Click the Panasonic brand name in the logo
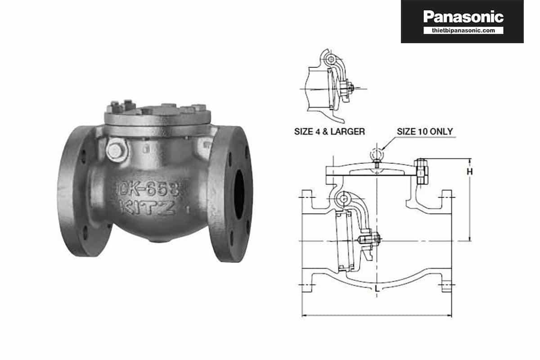pyautogui.click(x=463, y=17)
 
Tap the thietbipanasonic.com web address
pyautogui.click(x=463, y=30)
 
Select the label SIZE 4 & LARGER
pyautogui.click(x=329, y=132)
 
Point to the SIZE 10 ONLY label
pyautogui.click(x=424, y=132)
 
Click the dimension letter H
pyautogui.click(x=469, y=171)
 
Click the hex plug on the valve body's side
pyautogui.click(x=115, y=151)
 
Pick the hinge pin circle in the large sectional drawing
pyautogui.click(x=344, y=198)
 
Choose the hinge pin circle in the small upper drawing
pyautogui.click(x=332, y=59)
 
